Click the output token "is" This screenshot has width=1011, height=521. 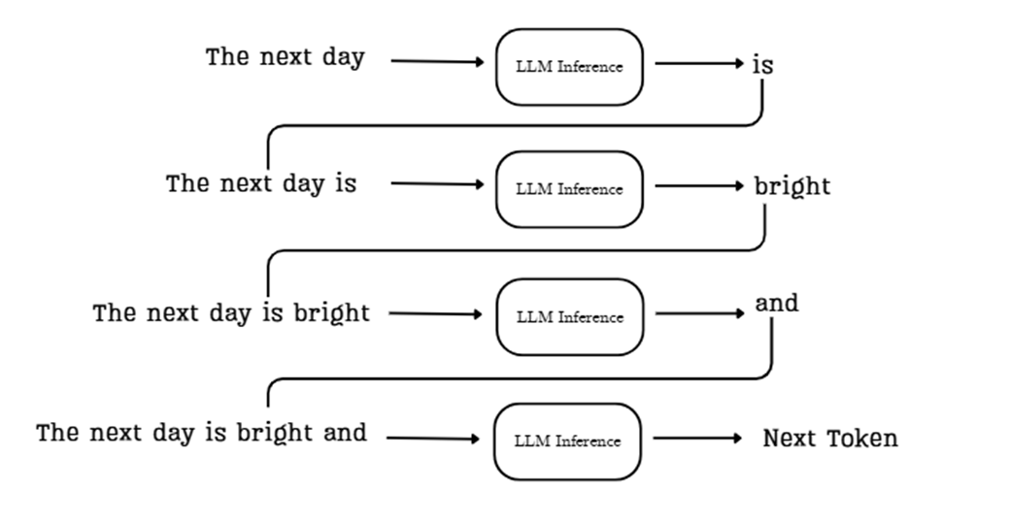762,65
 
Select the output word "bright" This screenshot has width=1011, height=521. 792,186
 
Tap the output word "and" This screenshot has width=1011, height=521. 777,304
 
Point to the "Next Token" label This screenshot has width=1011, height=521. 830,439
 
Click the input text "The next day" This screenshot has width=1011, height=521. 285,57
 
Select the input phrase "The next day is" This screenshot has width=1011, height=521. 261,183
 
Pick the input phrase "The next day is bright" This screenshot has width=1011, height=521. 231,313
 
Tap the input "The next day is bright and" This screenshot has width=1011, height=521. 201,433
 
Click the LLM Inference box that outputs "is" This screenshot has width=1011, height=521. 569,67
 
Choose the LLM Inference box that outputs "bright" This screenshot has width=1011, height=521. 569,188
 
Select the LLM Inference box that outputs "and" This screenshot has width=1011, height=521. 569,316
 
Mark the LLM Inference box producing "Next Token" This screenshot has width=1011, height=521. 568,440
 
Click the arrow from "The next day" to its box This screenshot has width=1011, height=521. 437,61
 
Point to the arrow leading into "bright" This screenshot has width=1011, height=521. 699,185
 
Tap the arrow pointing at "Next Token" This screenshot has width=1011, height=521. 697,438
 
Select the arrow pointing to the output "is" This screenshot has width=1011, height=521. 699,64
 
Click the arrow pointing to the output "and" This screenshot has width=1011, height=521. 699,313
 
